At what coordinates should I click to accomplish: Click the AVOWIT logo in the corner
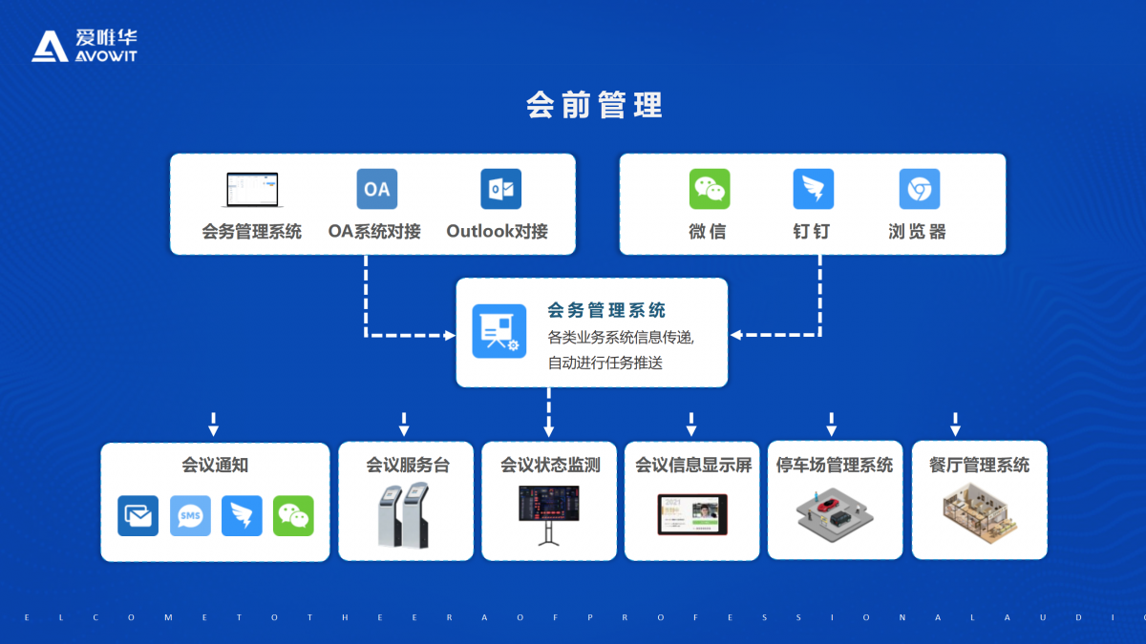[x=84, y=45]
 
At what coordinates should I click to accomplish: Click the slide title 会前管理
[x=594, y=105]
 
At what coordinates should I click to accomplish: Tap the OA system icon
[x=376, y=189]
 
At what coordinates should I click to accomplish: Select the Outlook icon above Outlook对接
[x=500, y=189]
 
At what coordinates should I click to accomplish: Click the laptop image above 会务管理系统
[x=252, y=190]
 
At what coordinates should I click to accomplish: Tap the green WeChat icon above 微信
[x=709, y=189]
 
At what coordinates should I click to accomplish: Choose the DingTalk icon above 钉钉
[x=813, y=189]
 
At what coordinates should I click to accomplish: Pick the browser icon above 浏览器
[x=919, y=189]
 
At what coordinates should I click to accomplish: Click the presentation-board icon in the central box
[x=499, y=331]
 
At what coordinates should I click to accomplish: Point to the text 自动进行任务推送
[x=605, y=363]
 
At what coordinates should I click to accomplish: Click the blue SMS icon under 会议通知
[x=190, y=516]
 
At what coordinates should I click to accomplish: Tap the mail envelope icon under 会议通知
[x=138, y=516]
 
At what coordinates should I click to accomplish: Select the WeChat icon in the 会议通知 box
[x=293, y=516]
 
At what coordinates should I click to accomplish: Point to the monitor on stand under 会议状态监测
[x=548, y=513]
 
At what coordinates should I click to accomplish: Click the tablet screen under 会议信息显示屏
[x=692, y=513]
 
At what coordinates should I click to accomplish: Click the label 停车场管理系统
[x=835, y=466]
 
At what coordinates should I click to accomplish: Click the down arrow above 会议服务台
[x=404, y=424]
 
